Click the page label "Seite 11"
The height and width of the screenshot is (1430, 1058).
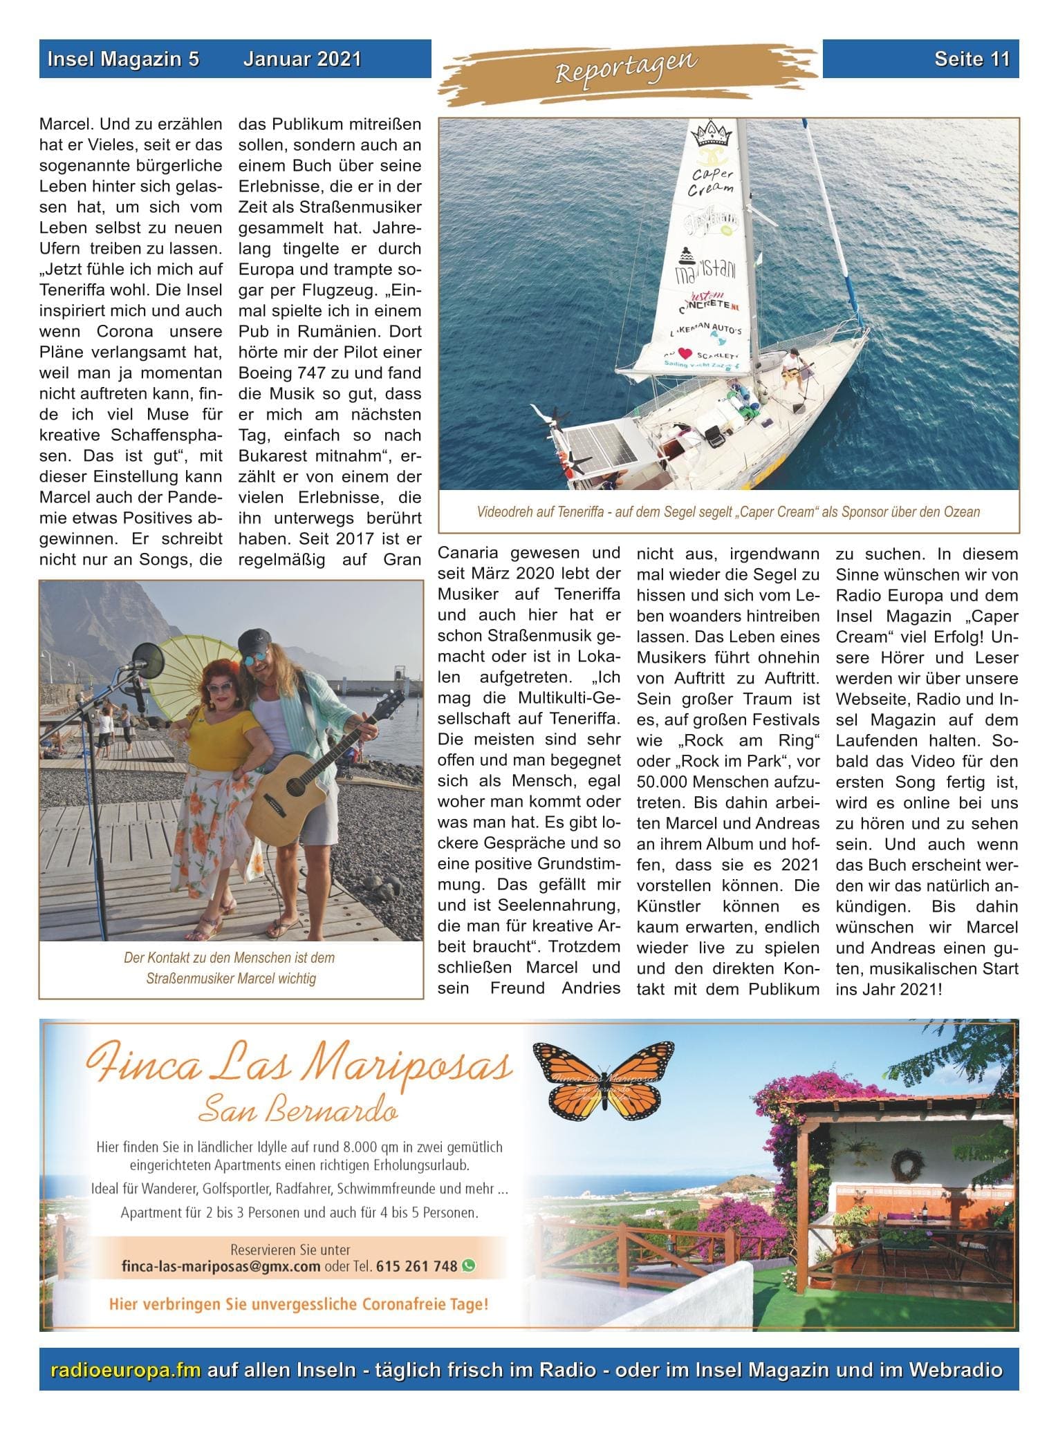[x=972, y=59]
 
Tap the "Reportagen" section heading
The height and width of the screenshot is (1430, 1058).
[x=627, y=67]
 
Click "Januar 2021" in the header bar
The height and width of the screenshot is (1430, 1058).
[x=302, y=59]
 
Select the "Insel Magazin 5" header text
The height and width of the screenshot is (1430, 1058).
[x=123, y=59]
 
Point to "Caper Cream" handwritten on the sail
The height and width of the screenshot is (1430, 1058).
[x=713, y=181]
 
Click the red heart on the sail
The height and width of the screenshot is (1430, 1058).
[x=685, y=354]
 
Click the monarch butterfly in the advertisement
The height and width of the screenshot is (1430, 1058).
[x=602, y=1082]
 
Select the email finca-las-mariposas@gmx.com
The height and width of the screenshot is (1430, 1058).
[x=221, y=1266]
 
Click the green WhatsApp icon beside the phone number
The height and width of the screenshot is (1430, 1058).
[x=469, y=1266]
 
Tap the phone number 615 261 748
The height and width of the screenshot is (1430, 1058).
[x=416, y=1266]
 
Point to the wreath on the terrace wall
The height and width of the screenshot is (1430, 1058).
[x=904, y=1165]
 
